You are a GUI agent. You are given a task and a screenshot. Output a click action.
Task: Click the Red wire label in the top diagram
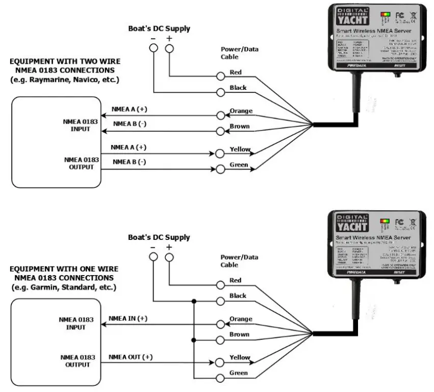point(236,72)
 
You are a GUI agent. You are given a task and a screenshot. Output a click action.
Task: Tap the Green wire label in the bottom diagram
point(239,373)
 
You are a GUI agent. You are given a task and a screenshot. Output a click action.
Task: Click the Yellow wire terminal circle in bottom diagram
point(220,362)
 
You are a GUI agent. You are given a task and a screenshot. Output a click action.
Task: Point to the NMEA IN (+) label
point(127,318)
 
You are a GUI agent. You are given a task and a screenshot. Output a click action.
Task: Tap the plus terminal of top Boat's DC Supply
point(169,49)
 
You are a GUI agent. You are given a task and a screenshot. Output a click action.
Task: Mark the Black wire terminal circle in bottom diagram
point(220,301)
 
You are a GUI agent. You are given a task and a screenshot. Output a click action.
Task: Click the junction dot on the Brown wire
point(194,340)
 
